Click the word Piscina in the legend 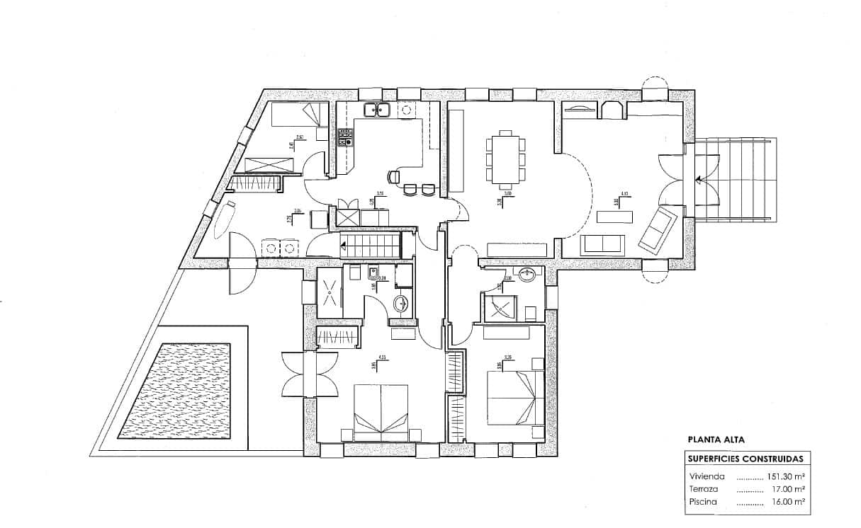coord(702,502)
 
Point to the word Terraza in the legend coord(703,489)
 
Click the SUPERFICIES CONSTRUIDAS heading coord(745,459)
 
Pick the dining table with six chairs coord(505,156)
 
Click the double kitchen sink coord(378,110)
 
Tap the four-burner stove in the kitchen coord(345,137)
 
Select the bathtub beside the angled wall coord(224,219)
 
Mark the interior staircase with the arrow coord(370,246)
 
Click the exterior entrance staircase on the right coord(737,179)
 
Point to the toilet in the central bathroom coord(401,305)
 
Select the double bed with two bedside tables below coord(381,412)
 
